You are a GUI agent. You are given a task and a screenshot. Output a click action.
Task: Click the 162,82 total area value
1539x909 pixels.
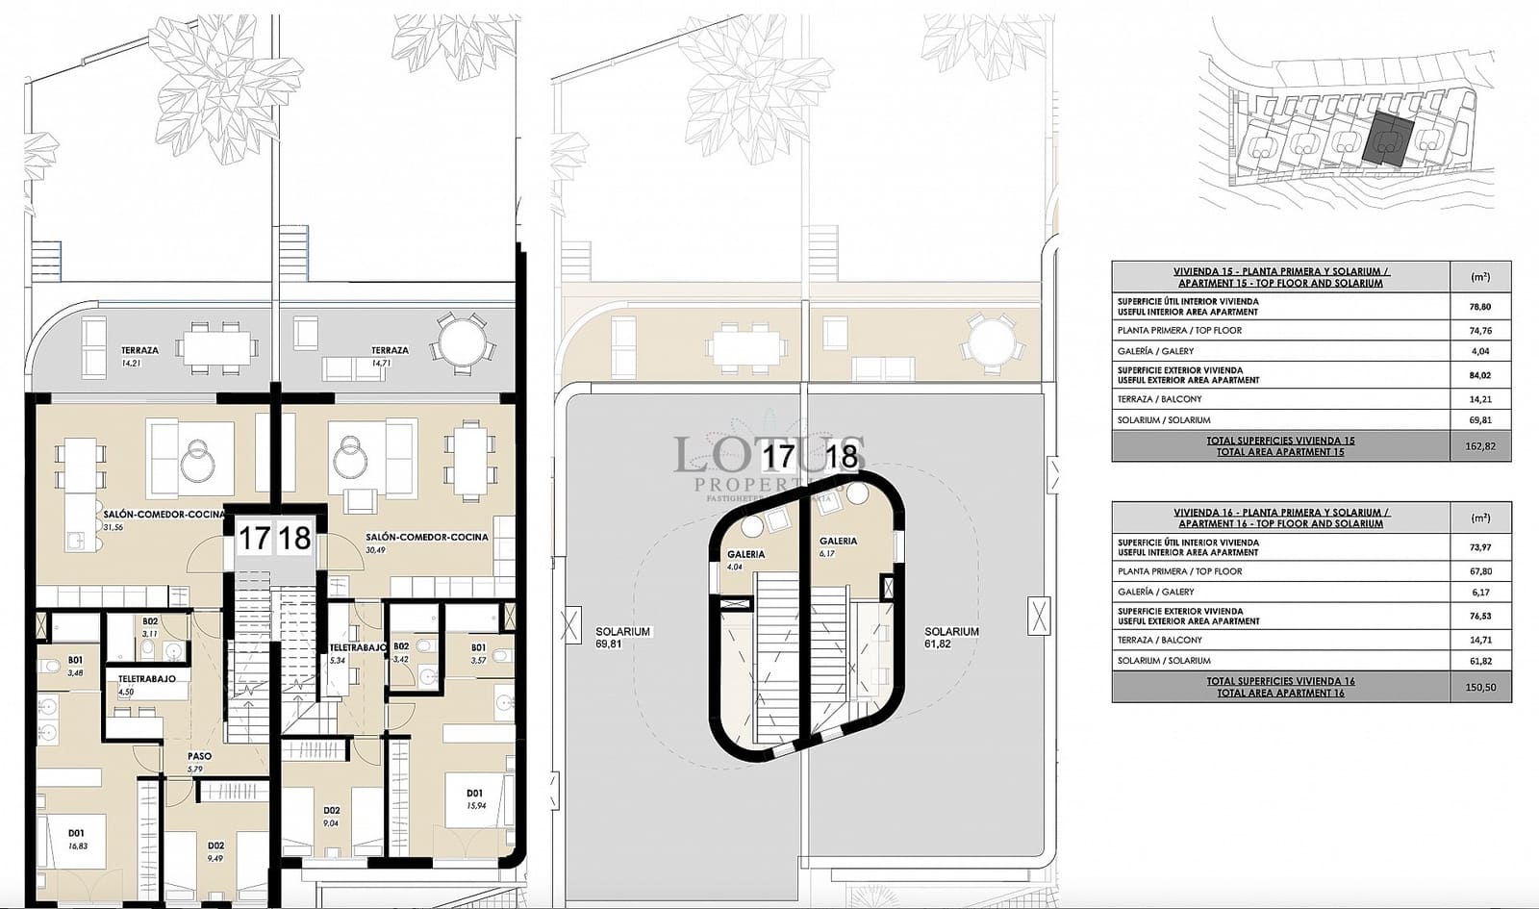(x=1480, y=446)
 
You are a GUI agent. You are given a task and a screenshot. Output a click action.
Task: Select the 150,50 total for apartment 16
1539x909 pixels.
(x=1480, y=687)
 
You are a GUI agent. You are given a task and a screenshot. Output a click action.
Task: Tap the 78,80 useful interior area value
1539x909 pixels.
(x=1480, y=307)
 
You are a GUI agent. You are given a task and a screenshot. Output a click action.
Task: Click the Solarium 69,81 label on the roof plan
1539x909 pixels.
(x=622, y=638)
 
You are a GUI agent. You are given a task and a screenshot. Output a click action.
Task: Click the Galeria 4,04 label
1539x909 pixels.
(x=745, y=560)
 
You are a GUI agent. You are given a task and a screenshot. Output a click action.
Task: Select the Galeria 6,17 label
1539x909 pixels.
(x=837, y=546)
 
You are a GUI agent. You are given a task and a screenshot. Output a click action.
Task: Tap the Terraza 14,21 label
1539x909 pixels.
(x=139, y=356)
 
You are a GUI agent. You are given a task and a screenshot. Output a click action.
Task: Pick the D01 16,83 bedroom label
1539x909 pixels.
(x=76, y=839)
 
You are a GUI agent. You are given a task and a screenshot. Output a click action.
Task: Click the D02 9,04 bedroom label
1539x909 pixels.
(x=331, y=817)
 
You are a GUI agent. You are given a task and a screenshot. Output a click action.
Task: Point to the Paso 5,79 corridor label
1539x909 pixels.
(x=199, y=762)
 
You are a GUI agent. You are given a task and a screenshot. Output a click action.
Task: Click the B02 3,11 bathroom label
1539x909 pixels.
(x=149, y=627)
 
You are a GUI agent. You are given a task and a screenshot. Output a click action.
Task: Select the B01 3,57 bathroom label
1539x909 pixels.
(x=478, y=653)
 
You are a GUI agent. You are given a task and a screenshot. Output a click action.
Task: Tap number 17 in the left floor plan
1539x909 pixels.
(x=253, y=539)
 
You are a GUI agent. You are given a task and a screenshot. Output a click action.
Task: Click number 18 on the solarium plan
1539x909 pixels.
(x=841, y=455)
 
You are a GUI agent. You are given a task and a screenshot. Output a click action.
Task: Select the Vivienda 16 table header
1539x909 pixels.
(x=1280, y=518)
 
